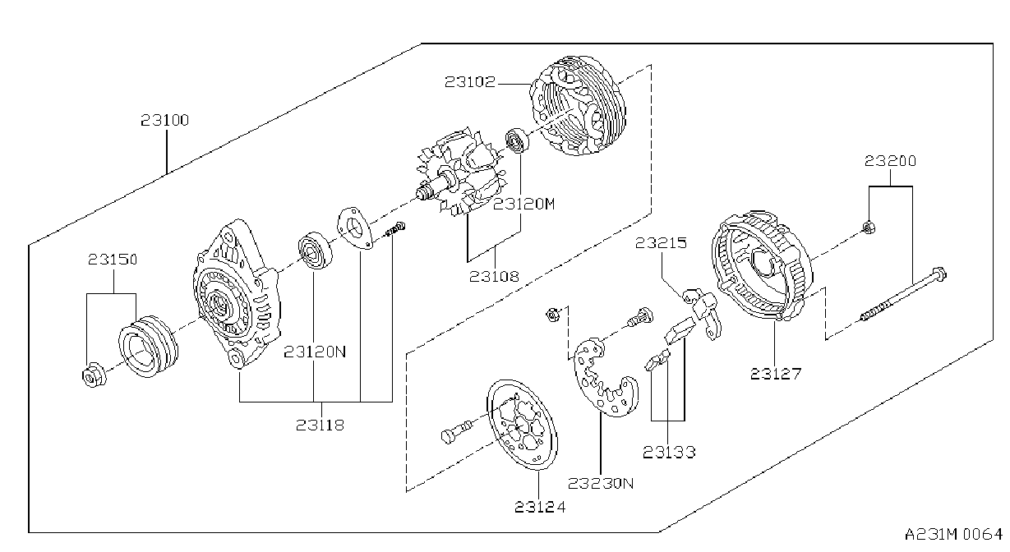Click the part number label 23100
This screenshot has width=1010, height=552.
coord(164,120)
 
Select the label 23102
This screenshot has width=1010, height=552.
coord(470,82)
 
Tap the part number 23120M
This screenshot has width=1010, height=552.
coord(523,205)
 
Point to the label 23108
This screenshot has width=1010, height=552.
coord(494,276)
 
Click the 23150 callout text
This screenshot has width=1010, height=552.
coord(113,260)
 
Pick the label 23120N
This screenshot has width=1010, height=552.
coord(315,352)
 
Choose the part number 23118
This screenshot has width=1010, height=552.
coord(320,425)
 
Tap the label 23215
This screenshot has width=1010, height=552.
coord(661,243)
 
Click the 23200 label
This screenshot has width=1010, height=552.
coord(890,161)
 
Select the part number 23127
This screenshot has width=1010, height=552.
coord(776,374)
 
